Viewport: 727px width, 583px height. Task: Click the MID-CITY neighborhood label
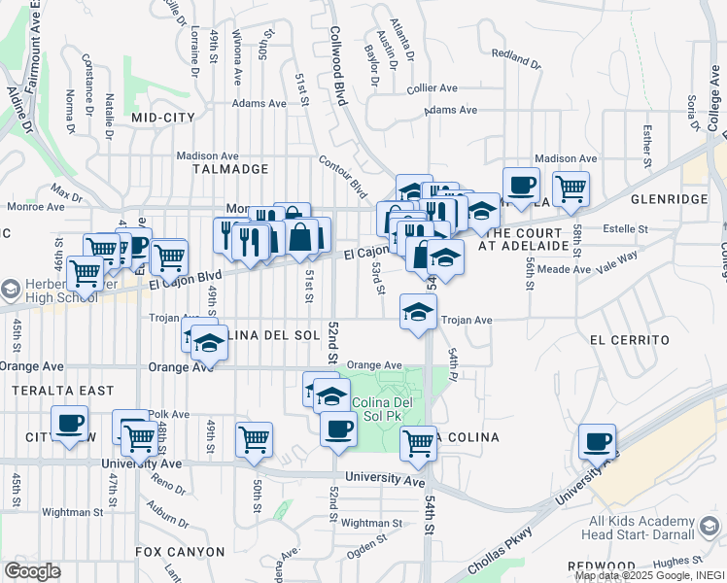point(163,117)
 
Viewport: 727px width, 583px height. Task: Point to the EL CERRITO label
point(630,340)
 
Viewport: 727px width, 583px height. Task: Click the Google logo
point(32,570)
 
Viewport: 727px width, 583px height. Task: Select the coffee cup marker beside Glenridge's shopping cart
point(521,185)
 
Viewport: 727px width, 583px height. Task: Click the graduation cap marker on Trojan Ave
point(418,312)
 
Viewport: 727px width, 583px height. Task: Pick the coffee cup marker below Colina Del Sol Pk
point(338,428)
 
